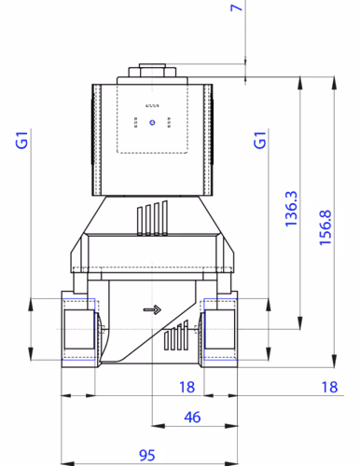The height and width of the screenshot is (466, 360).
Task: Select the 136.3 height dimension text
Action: click(290, 210)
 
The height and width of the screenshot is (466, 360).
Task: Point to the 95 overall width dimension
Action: click(146, 455)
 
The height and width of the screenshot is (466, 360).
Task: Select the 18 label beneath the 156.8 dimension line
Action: click(327, 386)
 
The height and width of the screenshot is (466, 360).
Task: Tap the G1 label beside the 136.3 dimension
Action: click(261, 142)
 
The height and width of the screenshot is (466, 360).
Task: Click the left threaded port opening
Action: click(78, 331)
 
